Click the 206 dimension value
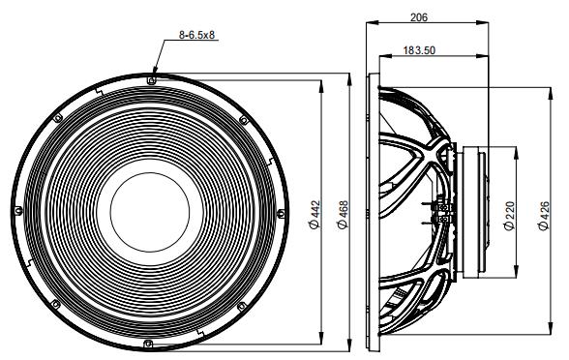coord(419,17)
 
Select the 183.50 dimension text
coord(419,50)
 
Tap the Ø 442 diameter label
coord(315,214)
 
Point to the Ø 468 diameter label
coord(343,214)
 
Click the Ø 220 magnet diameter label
coord(509,216)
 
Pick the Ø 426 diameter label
coord(544,216)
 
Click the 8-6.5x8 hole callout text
coord(197,35)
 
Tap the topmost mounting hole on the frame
coord(151,79)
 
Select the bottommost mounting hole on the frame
coord(148,344)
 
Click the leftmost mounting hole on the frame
coord(18,210)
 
